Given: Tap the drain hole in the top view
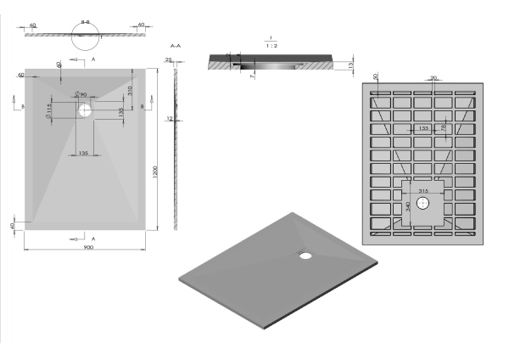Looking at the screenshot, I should coord(87,109).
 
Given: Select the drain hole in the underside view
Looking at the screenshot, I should coord(422,202).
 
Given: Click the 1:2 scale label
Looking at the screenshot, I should coord(269,46).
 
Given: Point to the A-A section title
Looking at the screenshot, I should coord(176,44).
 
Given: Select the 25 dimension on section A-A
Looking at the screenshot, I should coord(168,60).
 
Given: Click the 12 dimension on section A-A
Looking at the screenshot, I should coord(170,119).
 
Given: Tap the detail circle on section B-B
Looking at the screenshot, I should coord(85,35).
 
